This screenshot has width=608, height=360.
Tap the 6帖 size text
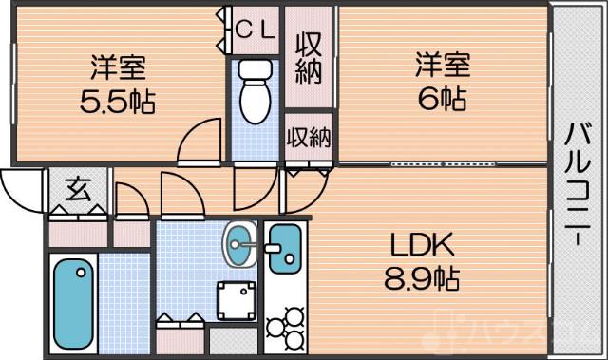point(442,98)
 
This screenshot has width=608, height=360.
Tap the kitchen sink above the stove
point(283,249)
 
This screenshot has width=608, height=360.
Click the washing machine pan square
point(237,302)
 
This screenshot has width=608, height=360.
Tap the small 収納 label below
point(308,138)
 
